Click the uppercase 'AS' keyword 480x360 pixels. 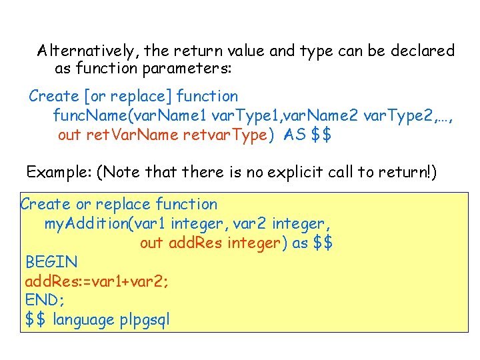click(294, 135)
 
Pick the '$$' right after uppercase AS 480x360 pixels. click(322, 135)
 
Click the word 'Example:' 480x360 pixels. click(59, 173)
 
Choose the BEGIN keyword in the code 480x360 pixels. click(51, 262)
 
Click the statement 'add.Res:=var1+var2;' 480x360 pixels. click(97, 281)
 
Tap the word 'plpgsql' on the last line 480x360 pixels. click(145, 320)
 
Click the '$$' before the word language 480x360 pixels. click(36, 320)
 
